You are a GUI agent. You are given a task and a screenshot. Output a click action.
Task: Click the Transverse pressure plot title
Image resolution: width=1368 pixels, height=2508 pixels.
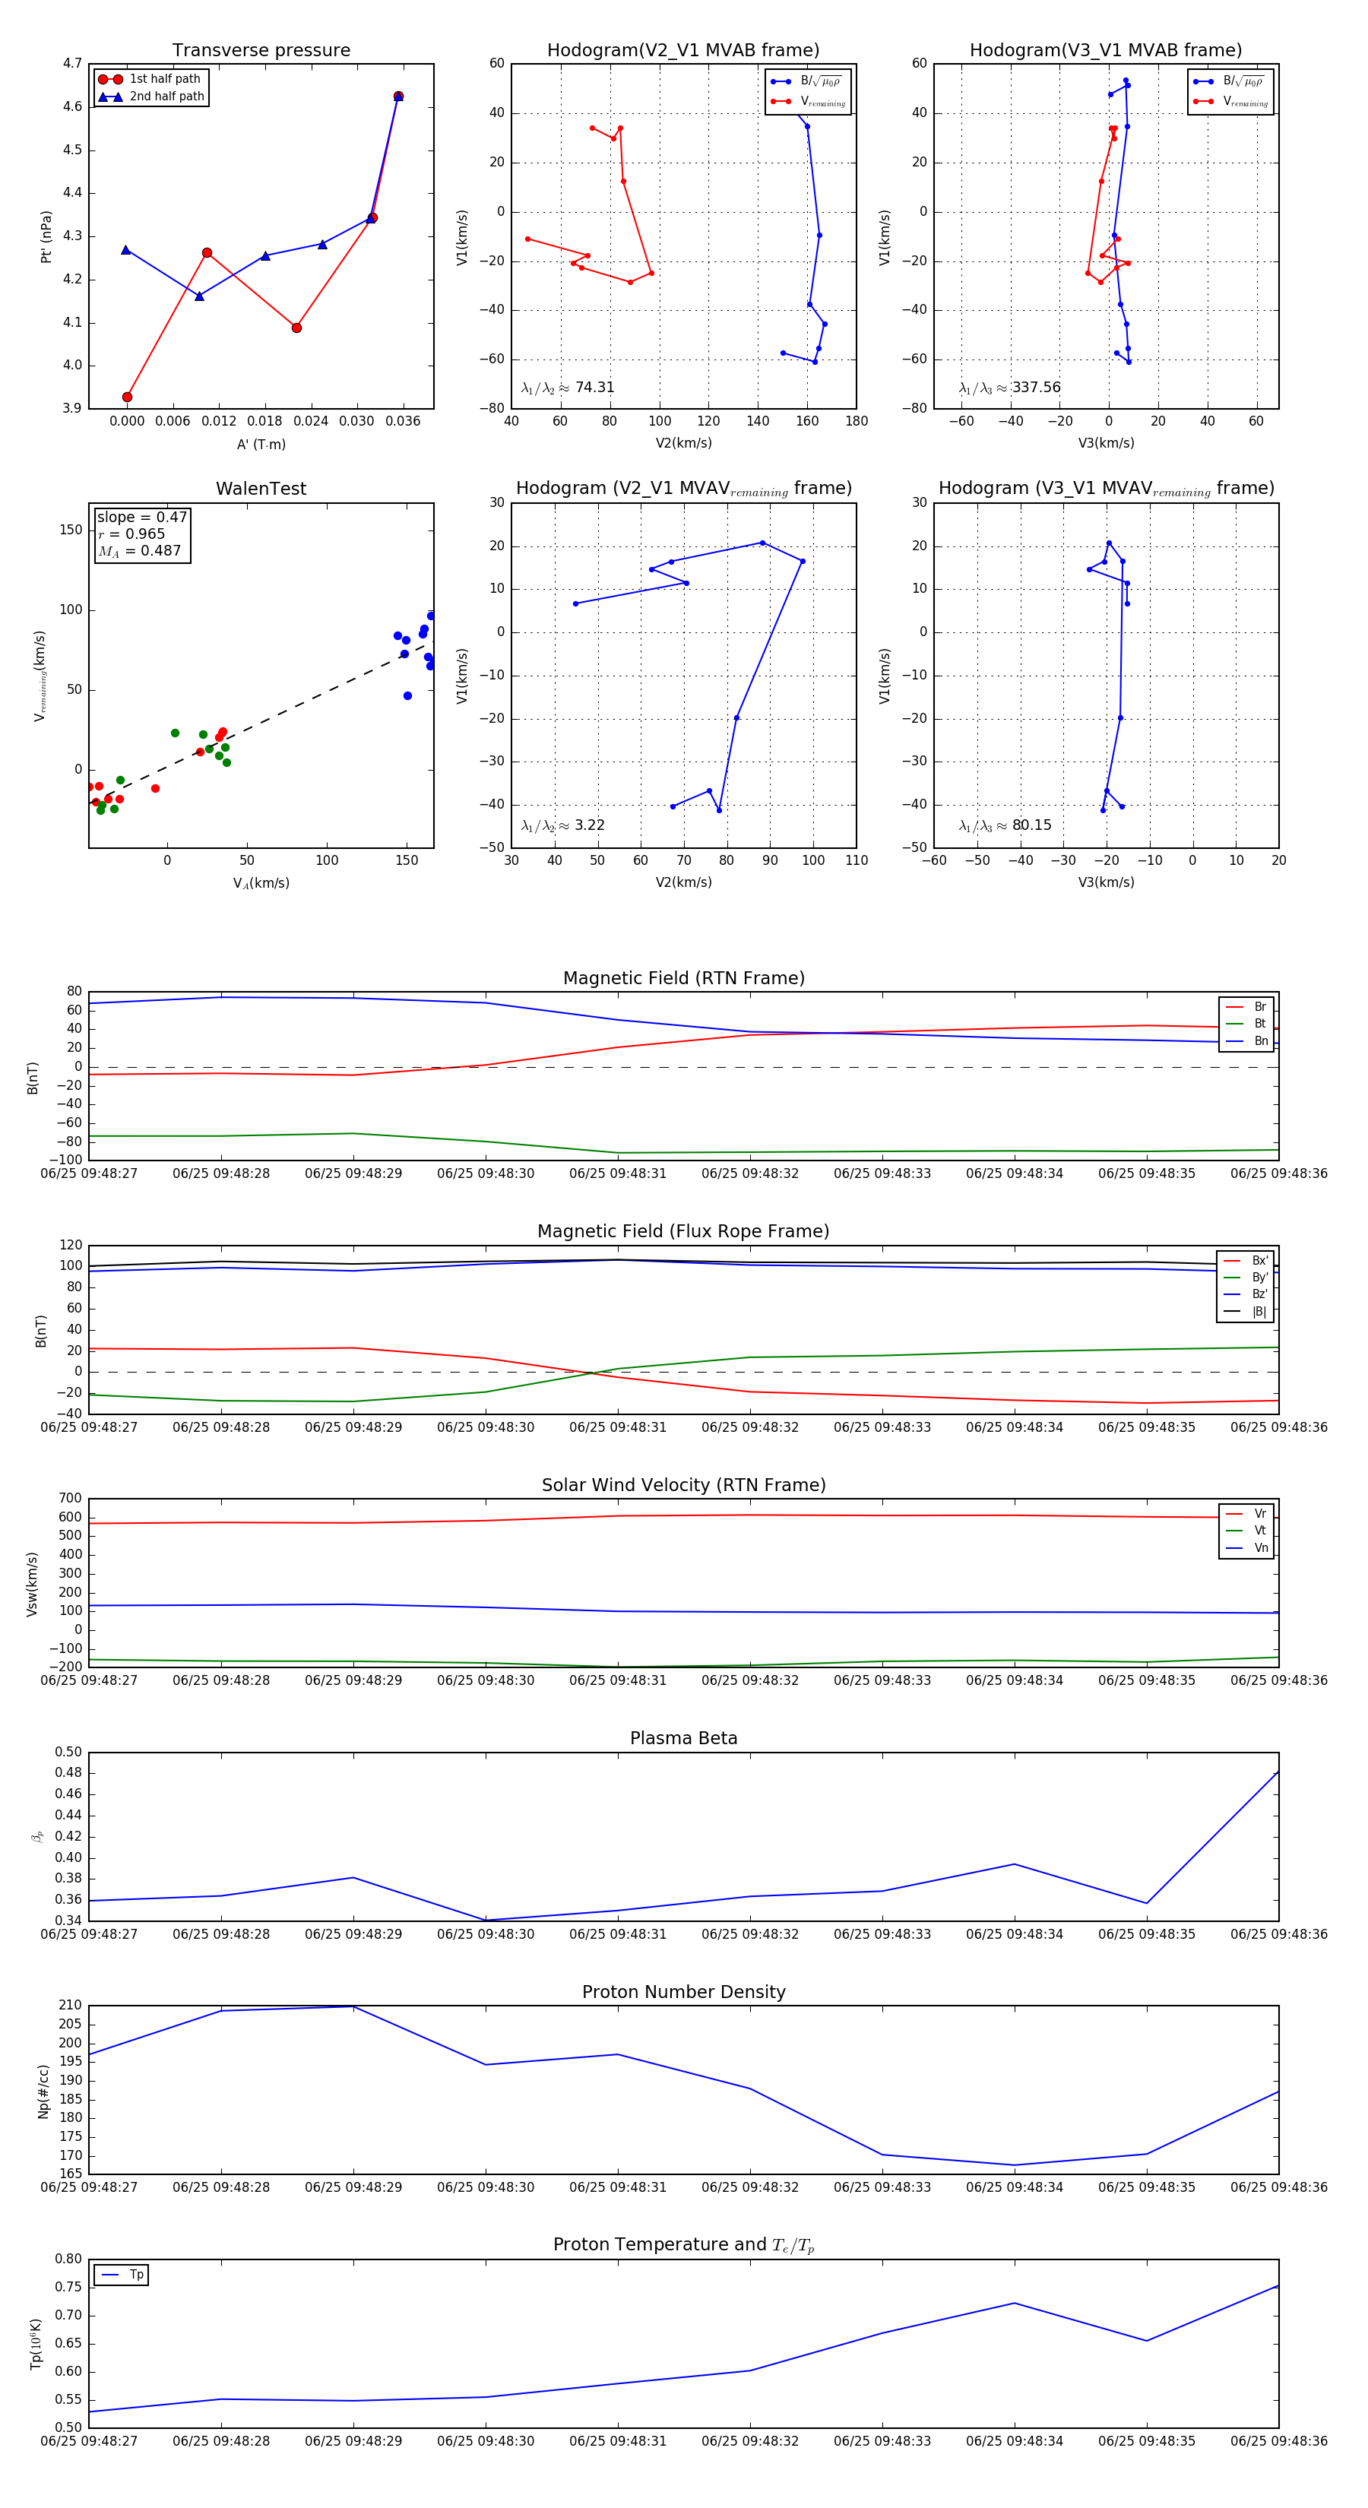pyautogui.click(x=261, y=51)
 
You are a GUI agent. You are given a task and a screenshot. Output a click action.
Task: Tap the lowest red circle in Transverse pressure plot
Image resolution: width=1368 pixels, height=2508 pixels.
pyautogui.click(x=128, y=397)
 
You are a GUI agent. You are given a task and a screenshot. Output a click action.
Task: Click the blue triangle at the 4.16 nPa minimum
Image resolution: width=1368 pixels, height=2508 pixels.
pyautogui.click(x=200, y=296)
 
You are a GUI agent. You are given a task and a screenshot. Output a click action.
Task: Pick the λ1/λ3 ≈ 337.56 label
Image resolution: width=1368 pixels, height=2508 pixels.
pyautogui.click(x=1010, y=388)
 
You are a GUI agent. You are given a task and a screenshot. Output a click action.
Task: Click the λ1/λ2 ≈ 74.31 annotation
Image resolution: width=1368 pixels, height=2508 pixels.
pyautogui.click(x=568, y=388)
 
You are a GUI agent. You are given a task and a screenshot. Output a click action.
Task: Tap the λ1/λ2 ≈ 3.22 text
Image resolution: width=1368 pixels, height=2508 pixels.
pyautogui.click(x=562, y=825)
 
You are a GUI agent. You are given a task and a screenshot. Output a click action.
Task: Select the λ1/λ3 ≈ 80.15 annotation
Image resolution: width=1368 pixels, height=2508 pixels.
pyautogui.click(x=1005, y=825)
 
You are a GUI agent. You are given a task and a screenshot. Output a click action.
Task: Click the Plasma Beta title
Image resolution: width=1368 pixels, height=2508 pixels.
pyautogui.click(x=683, y=1739)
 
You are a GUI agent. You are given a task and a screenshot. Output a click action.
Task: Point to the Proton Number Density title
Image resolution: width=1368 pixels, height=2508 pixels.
pyautogui.click(x=683, y=1992)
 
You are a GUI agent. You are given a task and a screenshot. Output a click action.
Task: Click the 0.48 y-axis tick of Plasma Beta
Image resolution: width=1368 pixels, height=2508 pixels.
pyautogui.click(x=68, y=1772)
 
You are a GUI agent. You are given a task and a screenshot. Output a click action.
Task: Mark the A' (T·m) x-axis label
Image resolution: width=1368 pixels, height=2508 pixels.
pyautogui.click(x=261, y=444)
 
